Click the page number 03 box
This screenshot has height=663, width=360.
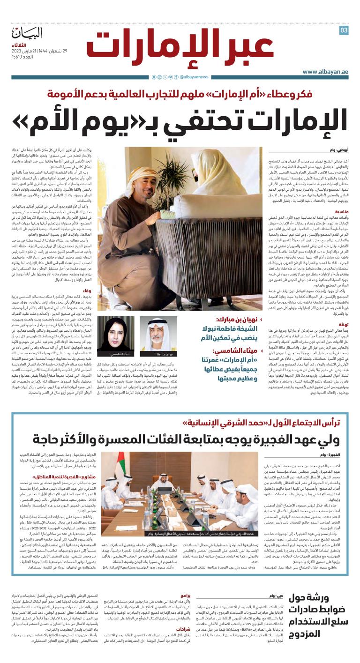(x=344, y=30)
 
